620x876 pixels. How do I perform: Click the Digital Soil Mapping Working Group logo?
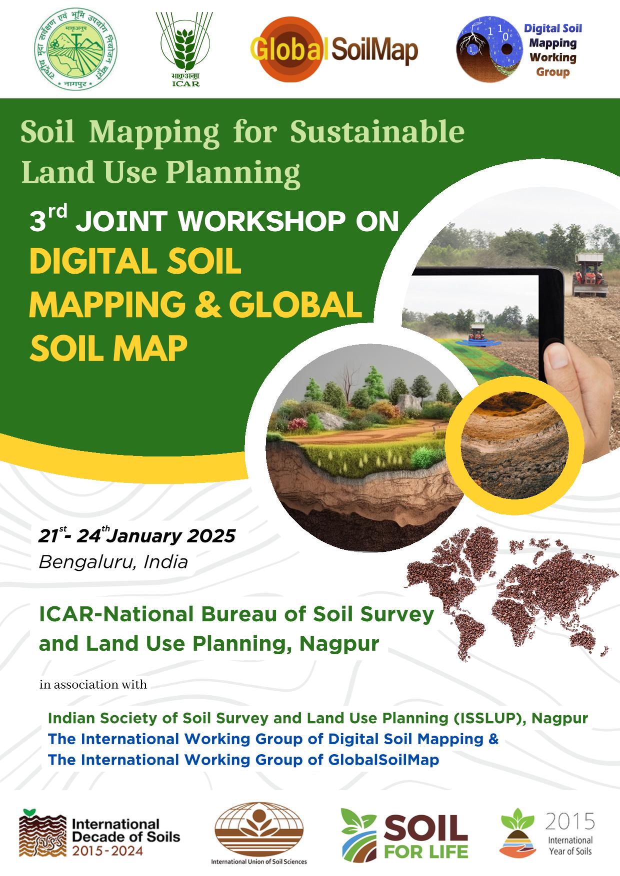(520, 50)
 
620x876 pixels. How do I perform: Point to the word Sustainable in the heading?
(377, 132)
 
